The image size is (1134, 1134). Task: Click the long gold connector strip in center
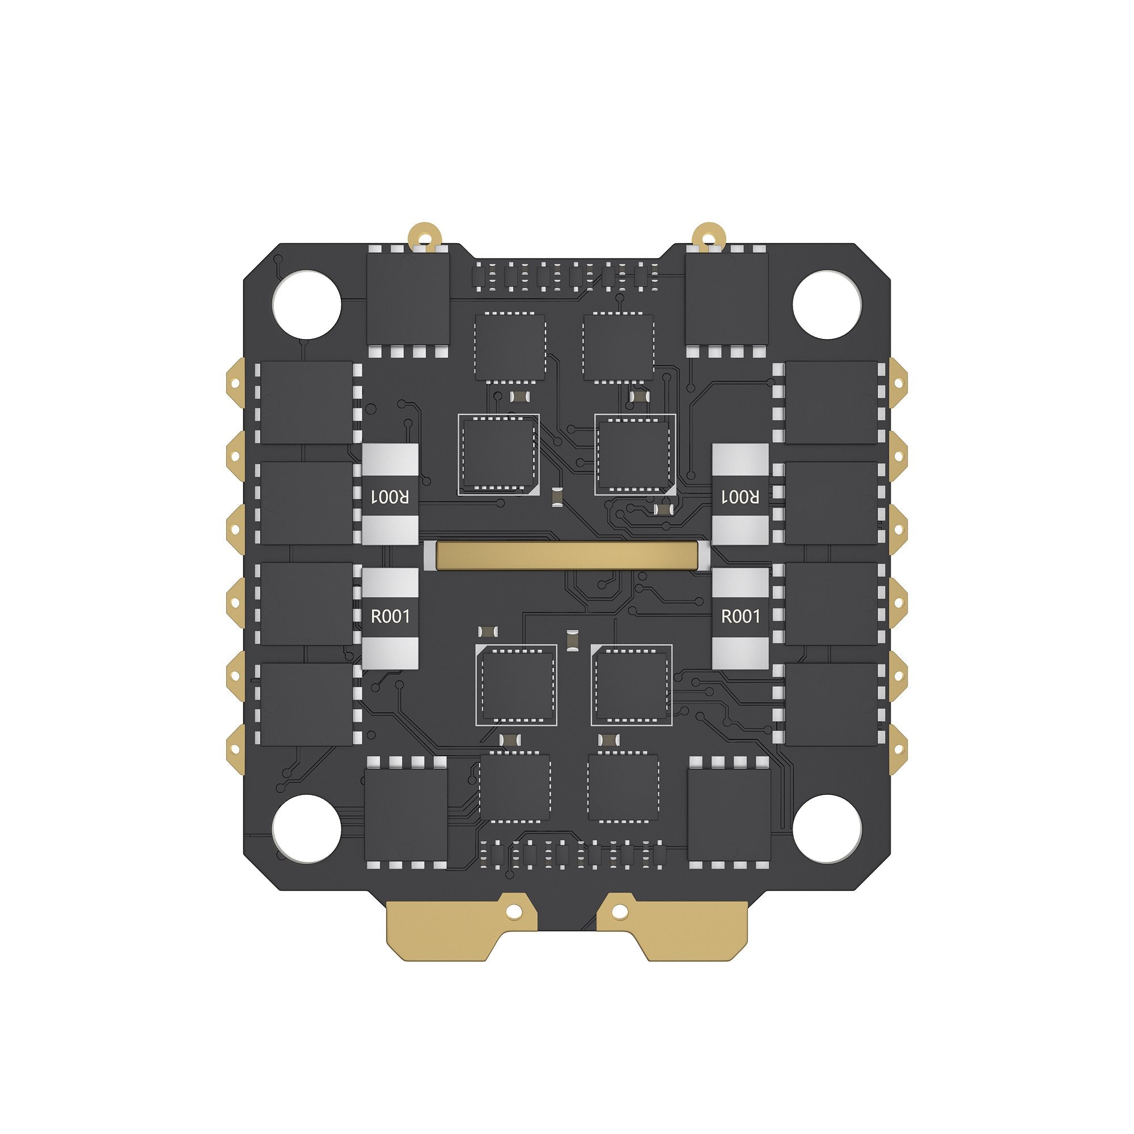tap(566, 555)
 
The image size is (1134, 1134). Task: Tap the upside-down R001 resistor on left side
tap(390, 494)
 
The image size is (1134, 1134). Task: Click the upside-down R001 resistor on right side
tap(740, 494)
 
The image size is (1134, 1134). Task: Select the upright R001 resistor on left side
tap(390, 617)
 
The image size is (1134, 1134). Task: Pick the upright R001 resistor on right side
tap(740, 617)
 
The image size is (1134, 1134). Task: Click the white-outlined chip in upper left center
tap(498, 454)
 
